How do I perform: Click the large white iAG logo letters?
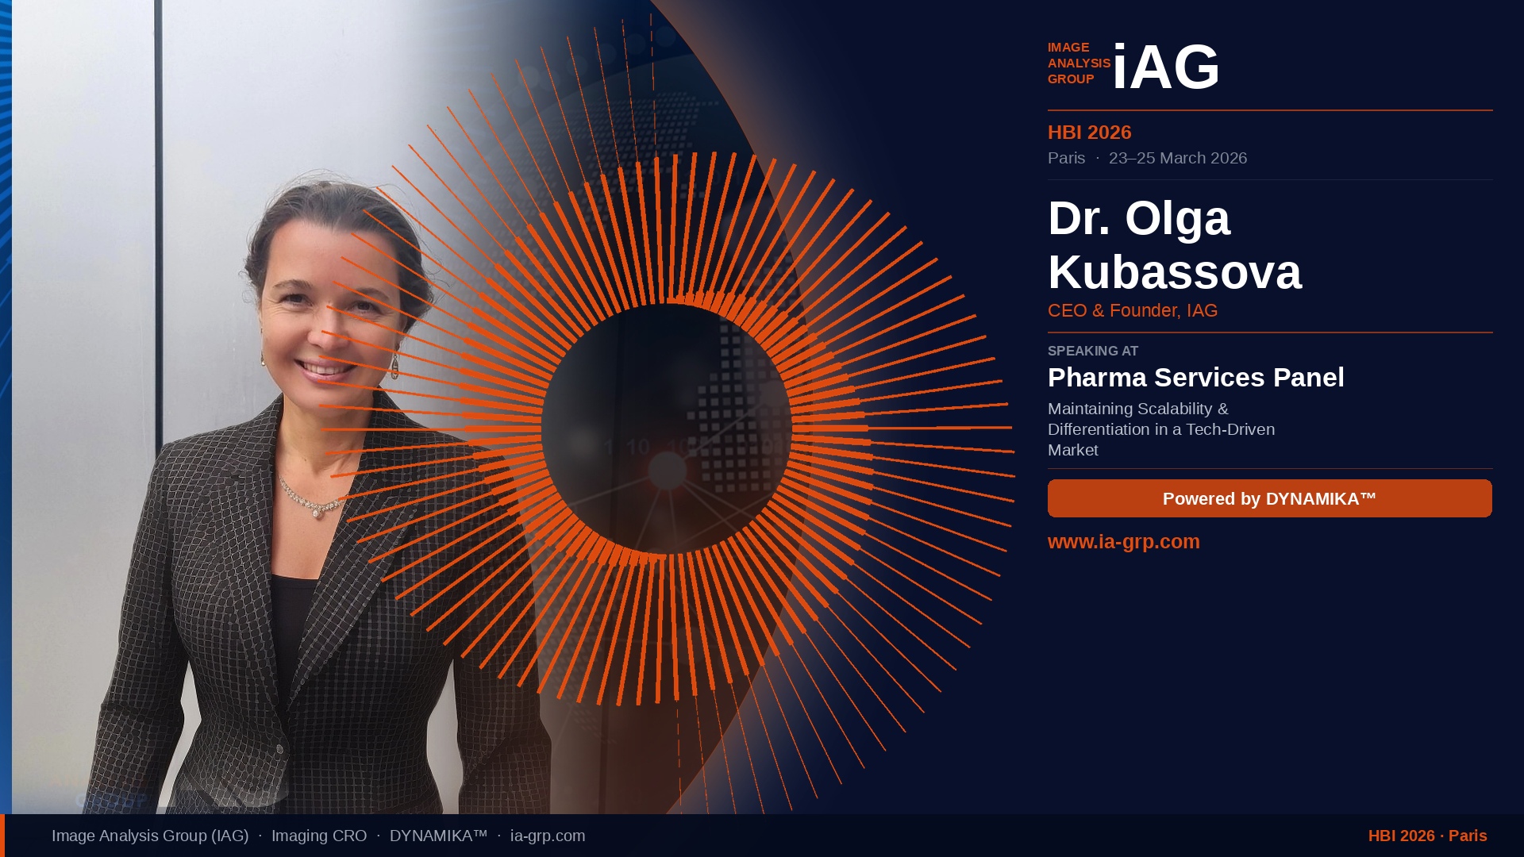point(1166,67)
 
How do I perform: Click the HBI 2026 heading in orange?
point(1089,133)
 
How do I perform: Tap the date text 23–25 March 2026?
point(1178,158)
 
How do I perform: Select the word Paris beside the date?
point(1066,158)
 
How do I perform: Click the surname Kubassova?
point(1175,271)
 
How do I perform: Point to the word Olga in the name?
point(1178,219)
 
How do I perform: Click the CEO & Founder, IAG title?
point(1133,311)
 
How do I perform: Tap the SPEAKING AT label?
point(1093,351)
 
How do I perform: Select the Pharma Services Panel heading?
point(1196,378)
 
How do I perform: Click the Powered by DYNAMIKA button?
point(1270,498)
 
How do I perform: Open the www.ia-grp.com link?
point(1124,541)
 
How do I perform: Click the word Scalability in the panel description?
point(1175,409)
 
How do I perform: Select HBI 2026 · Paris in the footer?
point(1428,836)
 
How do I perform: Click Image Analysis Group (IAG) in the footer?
point(150,836)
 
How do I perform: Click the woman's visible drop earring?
point(394,367)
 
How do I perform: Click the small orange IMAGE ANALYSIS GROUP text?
point(1079,63)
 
